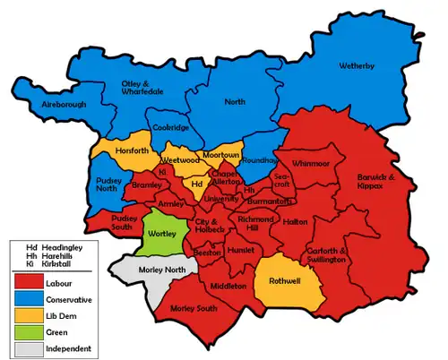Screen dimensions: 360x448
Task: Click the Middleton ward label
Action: point(227,286)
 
